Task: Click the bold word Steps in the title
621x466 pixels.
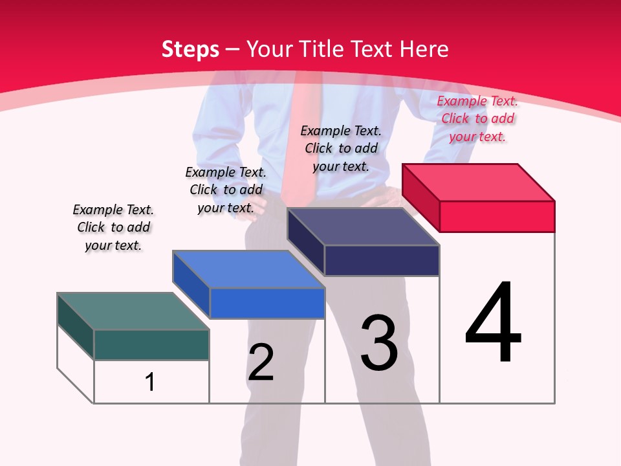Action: coord(190,49)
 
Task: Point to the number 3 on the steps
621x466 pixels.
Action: coord(379,343)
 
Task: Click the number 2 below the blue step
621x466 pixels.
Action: coord(261,362)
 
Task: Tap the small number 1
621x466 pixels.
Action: coord(150,382)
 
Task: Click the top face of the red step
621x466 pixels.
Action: coord(479,182)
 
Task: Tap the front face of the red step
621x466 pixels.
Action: coord(497,216)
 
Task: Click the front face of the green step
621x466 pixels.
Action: coord(151,344)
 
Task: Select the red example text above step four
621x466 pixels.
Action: coord(477,118)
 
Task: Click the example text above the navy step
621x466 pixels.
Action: coord(341,148)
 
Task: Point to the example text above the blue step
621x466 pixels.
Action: coord(226,190)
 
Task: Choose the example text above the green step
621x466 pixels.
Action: coord(113,227)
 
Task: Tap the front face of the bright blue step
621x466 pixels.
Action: coord(267,303)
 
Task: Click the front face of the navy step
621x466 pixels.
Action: coord(382,260)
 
